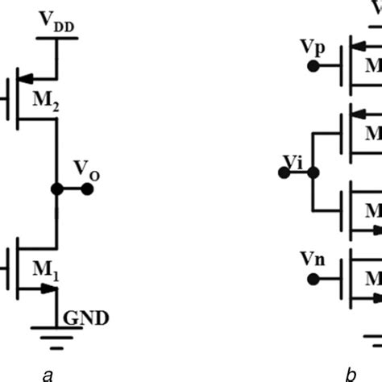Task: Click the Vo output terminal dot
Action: (x=88, y=189)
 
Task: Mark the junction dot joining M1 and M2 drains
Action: (x=56, y=189)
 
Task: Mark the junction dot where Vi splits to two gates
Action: (x=313, y=172)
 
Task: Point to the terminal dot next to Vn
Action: (x=311, y=279)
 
